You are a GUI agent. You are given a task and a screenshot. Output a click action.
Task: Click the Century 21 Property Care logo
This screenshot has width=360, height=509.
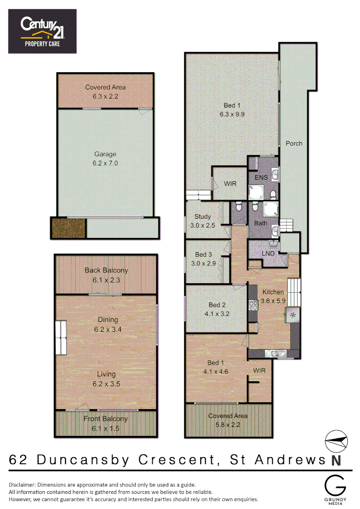(42, 31)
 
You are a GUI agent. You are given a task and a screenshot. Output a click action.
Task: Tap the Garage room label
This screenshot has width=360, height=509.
(105, 154)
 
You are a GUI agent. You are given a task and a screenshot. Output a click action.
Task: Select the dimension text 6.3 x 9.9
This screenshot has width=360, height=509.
(232, 114)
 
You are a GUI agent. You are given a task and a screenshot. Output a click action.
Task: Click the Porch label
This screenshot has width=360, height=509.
(294, 143)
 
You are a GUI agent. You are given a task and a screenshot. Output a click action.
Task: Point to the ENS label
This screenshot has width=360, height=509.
(261, 178)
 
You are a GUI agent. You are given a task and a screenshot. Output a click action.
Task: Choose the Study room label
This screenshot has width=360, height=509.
(203, 217)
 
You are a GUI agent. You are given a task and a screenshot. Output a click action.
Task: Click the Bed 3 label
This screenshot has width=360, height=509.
(204, 255)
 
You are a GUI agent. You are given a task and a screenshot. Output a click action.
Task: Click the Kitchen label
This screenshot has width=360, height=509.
(273, 291)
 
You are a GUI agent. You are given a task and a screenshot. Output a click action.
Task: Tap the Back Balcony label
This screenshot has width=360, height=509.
(106, 271)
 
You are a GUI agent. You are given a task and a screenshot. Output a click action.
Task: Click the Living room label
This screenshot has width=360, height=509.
(106, 375)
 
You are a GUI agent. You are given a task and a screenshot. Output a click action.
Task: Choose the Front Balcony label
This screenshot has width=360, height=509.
(106, 419)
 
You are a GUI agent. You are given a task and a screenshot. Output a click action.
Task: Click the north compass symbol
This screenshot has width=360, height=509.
(336, 442)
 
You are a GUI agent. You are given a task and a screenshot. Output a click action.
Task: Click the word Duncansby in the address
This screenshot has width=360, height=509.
(82, 460)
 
